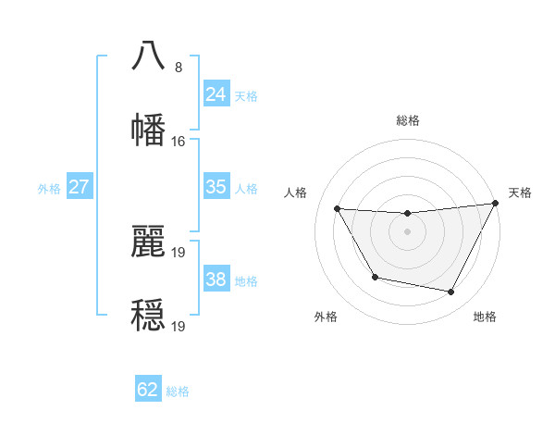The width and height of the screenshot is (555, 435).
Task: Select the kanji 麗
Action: click(149, 239)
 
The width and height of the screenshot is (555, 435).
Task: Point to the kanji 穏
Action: click(149, 313)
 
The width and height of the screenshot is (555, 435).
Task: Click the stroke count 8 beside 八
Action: click(178, 68)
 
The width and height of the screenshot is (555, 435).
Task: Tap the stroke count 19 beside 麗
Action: click(179, 252)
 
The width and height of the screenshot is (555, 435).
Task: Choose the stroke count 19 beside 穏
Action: click(179, 326)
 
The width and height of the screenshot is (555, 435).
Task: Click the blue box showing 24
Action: click(216, 93)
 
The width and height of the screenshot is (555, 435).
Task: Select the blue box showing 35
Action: click(216, 187)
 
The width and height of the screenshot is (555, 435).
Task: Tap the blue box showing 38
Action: click(216, 280)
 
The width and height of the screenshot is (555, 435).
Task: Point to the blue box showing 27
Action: click(79, 187)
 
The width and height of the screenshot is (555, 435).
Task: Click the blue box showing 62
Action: click(148, 390)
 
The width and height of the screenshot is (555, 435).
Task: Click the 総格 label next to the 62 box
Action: click(178, 391)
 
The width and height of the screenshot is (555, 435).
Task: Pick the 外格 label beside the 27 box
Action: click(49, 189)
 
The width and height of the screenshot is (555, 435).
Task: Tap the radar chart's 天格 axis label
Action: click(520, 193)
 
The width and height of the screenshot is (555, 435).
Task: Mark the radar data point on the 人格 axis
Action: click(337, 208)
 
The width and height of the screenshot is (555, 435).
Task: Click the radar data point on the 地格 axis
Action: click(450, 292)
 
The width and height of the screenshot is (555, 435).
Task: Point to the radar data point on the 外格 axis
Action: click(375, 277)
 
